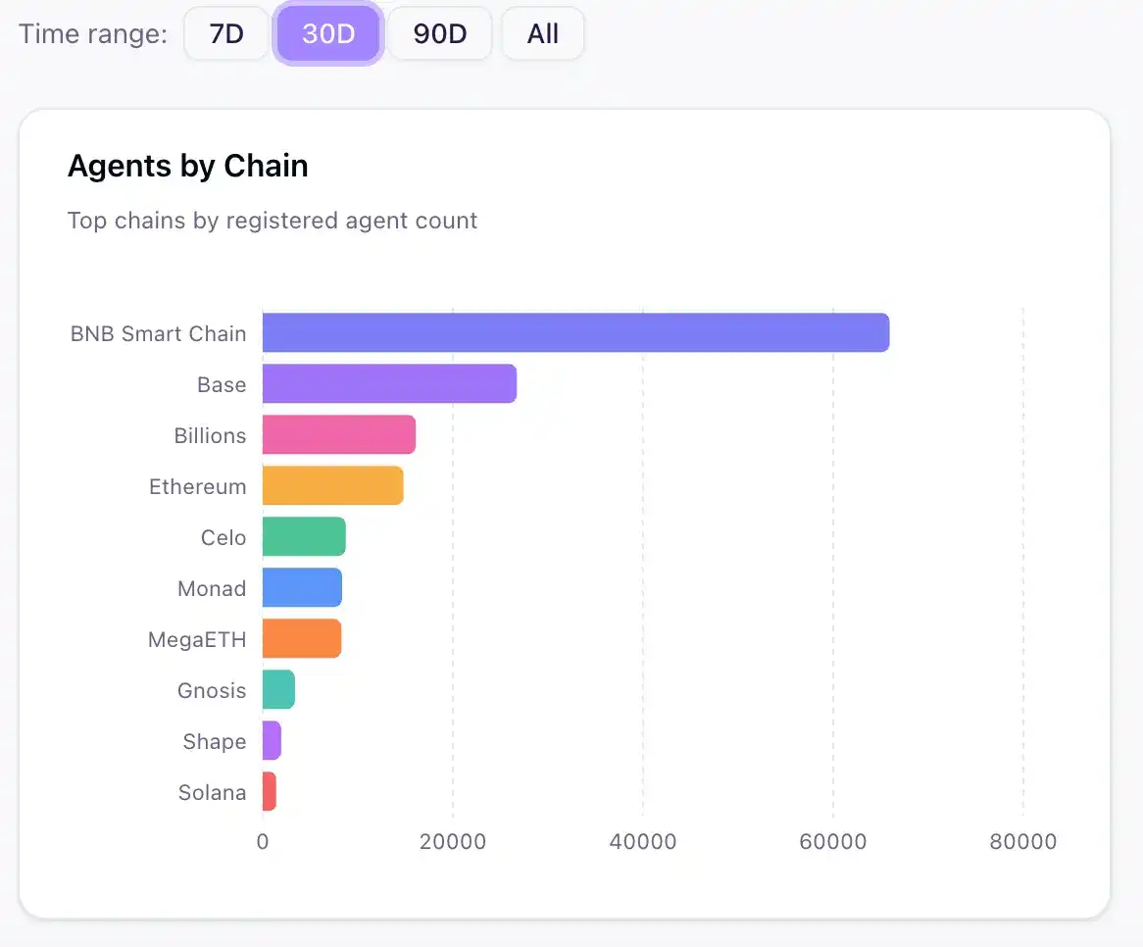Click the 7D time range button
point(226,34)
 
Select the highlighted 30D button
point(327,34)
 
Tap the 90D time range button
point(439,34)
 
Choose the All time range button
point(542,34)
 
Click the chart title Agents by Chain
point(187,167)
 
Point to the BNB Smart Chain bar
point(575,332)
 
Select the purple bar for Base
point(389,383)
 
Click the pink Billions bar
point(338,434)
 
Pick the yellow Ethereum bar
point(332,485)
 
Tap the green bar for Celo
point(304,536)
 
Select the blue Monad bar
point(302,587)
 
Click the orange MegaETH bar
point(301,638)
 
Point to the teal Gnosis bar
point(278,689)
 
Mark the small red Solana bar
point(270,791)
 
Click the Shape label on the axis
point(214,741)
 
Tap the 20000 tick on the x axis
point(452,842)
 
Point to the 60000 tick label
point(832,842)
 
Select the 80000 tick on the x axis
point(1022,842)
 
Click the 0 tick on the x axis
point(263,842)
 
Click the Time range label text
point(93,34)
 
